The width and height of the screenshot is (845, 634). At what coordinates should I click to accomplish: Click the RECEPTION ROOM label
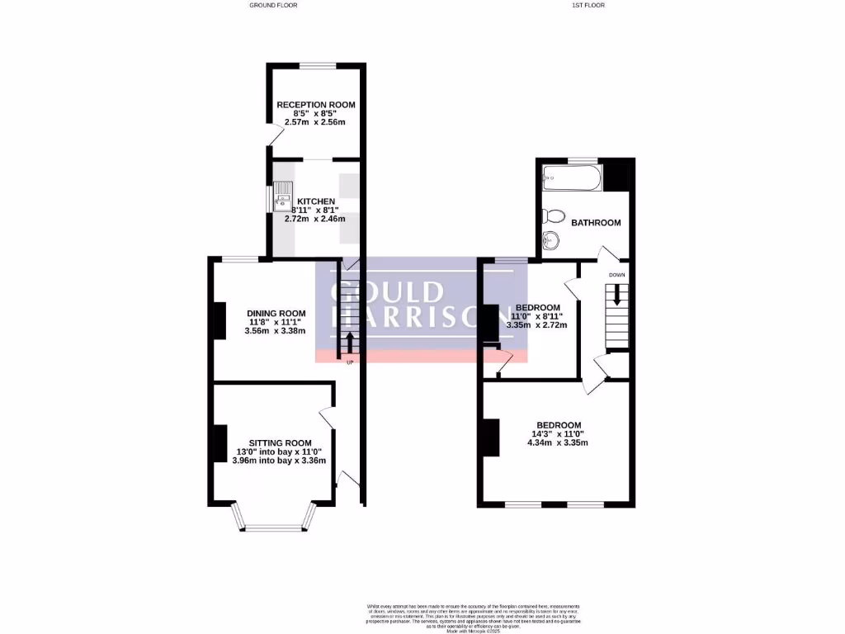point(315,105)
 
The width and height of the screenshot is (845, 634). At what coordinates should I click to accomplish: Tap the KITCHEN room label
point(316,201)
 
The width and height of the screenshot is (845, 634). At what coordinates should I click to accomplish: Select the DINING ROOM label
point(276,313)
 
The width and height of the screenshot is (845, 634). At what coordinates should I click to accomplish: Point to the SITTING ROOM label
point(281,442)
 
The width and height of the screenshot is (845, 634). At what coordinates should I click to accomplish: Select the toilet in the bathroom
point(555,216)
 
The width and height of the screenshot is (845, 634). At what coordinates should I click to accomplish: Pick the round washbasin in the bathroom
point(551,242)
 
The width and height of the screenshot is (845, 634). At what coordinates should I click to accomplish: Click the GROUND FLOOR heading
point(273,5)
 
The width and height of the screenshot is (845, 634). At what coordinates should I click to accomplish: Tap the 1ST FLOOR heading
point(588,5)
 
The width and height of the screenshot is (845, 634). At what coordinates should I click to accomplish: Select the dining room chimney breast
point(220,321)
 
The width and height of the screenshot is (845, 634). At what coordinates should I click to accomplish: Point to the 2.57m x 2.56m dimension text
point(314,122)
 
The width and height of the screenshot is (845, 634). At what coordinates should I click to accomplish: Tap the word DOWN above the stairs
point(616,274)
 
